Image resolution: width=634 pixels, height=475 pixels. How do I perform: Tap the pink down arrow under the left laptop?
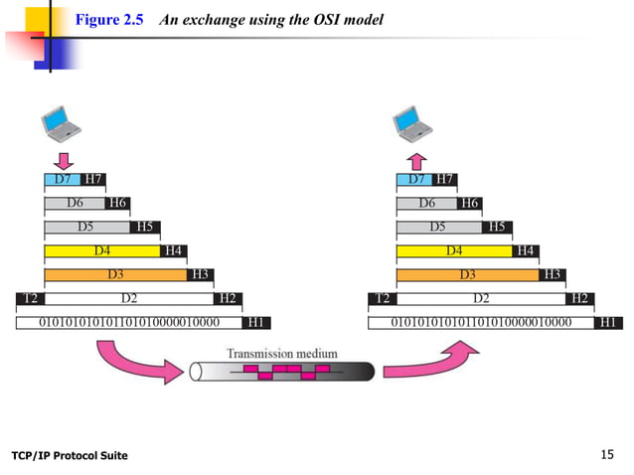[62, 159]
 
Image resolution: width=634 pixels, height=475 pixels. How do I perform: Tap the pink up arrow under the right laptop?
[415, 159]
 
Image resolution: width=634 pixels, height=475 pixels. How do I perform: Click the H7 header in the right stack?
[444, 180]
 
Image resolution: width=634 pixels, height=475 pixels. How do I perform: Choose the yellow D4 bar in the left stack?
[101, 250]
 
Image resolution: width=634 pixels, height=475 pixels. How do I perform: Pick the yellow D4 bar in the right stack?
[453, 250]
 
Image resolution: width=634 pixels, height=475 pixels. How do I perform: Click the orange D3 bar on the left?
[115, 274]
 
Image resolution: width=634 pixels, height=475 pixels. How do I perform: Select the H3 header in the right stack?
[552, 274]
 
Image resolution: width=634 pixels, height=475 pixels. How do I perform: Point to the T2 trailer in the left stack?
[30, 298]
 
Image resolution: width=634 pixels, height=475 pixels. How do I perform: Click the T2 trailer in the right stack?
[382, 298]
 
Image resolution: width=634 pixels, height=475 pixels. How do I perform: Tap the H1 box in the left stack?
[255, 322]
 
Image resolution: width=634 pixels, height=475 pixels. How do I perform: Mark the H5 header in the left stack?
[145, 227]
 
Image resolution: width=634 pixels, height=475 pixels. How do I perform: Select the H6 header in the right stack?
[470, 204]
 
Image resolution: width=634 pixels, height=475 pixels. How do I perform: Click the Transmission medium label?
[281, 353]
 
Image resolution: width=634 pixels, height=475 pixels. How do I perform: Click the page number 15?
[609, 455]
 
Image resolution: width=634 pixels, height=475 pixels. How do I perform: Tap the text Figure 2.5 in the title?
[111, 21]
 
